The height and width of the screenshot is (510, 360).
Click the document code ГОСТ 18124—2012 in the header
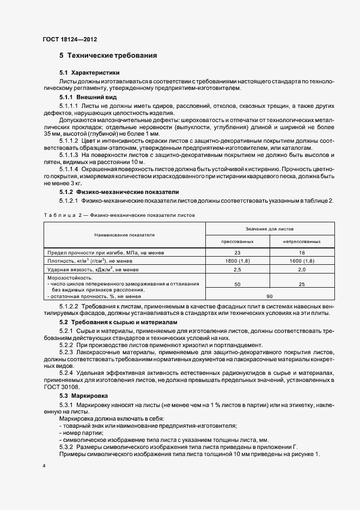[69, 39]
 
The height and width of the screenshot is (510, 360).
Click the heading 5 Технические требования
[108, 56]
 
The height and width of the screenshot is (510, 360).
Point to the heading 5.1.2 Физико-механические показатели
[119, 192]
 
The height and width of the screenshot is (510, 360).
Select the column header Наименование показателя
[124, 234]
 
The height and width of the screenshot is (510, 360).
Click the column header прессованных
[237, 241]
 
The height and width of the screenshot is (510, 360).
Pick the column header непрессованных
[301, 241]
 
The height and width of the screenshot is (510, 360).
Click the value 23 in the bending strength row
[237, 253]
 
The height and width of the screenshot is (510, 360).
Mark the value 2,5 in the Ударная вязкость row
[237, 269]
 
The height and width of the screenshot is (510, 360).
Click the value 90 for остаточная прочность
[269, 296]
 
